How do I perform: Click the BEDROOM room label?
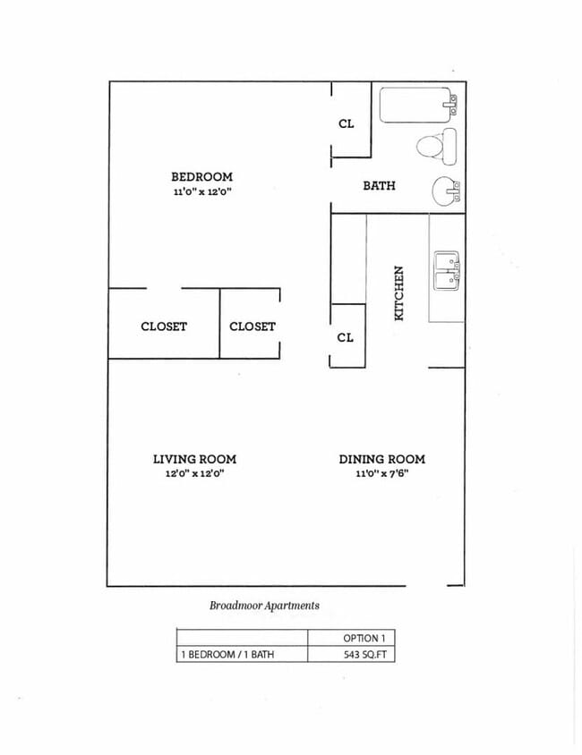pyautogui.click(x=201, y=177)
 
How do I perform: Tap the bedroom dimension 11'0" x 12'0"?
pyautogui.click(x=201, y=192)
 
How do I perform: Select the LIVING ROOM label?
pyautogui.click(x=194, y=459)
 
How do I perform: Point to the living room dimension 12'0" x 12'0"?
pyautogui.click(x=194, y=474)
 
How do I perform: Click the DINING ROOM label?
pyautogui.click(x=381, y=459)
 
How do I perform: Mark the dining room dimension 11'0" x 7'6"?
pyautogui.click(x=381, y=474)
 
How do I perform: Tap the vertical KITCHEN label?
pyautogui.click(x=399, y=293)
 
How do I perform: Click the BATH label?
pyautogui.click(x=379, y=186)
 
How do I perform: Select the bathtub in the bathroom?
pyautogui.click(x=417, y=106)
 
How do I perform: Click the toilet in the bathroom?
pyautogui.click(x=438, y=145)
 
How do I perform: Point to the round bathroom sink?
pyautogui.click(x=445, y=191)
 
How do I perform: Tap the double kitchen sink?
pyautogui.click(x=447, y=271)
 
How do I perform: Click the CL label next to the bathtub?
pyautogui.click(x=347, y=123)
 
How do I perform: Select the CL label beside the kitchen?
pyautogui.click(x=346, y=337)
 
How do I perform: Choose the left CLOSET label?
pyautogui.click(x=164, y=327)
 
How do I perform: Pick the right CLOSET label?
pyautogui.click(x=252, y=327)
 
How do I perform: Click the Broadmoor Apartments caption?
pyautogui.click(x=264, y=606)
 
